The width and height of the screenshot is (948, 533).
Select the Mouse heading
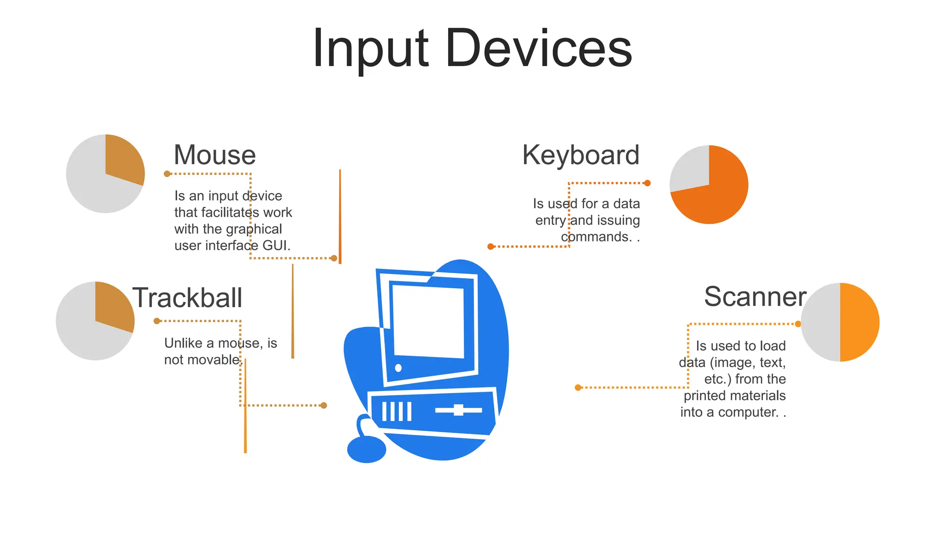coord(214,155)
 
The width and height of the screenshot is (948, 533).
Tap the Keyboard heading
coord(580,155)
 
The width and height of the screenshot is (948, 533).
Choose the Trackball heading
coord(187,297)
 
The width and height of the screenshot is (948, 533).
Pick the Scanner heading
coord(755,297)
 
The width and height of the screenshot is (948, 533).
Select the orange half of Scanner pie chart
coord(859,322)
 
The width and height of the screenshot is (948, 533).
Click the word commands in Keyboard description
coord(596,237)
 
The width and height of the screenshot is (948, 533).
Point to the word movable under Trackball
coord(216,360)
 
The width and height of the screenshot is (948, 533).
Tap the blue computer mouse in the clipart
coord(366,449)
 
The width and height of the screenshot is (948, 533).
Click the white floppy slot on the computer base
coord(458,410)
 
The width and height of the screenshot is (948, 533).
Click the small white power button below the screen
coord(398,368)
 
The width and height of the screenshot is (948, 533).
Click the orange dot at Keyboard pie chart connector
coord(647,183)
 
